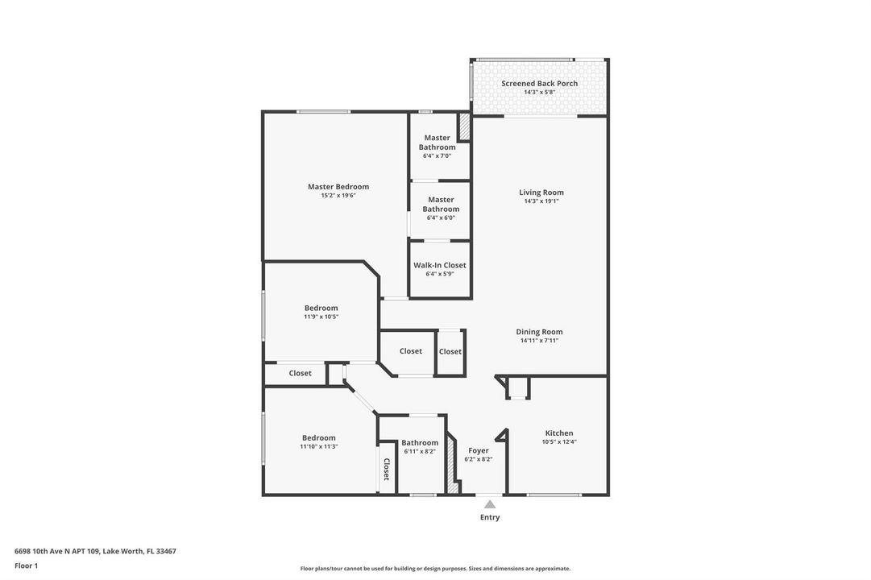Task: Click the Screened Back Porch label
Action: (539, 83)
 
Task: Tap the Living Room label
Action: (541, 193)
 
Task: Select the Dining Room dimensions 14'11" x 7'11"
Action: (539, 341)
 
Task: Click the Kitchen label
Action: (559, 433)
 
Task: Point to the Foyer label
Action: (479, 450)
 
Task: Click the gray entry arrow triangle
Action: (489, 504)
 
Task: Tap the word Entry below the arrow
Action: (490, 517)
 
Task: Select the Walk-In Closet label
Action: (439, 265)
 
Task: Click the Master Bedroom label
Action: (338, 187)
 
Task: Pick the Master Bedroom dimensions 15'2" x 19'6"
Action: (338, 196)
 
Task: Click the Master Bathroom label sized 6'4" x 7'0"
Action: (438, 143)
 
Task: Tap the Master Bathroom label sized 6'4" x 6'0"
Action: (441, 204)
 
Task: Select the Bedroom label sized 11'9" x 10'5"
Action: (321, 308)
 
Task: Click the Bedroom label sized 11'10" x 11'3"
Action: (319, 437)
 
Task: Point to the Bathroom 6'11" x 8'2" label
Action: (420, 443)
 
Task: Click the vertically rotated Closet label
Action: (387, 469)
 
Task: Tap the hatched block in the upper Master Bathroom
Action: (463, 128)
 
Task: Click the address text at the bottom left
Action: (95, 551)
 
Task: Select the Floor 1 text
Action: (26, 565)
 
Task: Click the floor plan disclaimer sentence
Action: (435, 569)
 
